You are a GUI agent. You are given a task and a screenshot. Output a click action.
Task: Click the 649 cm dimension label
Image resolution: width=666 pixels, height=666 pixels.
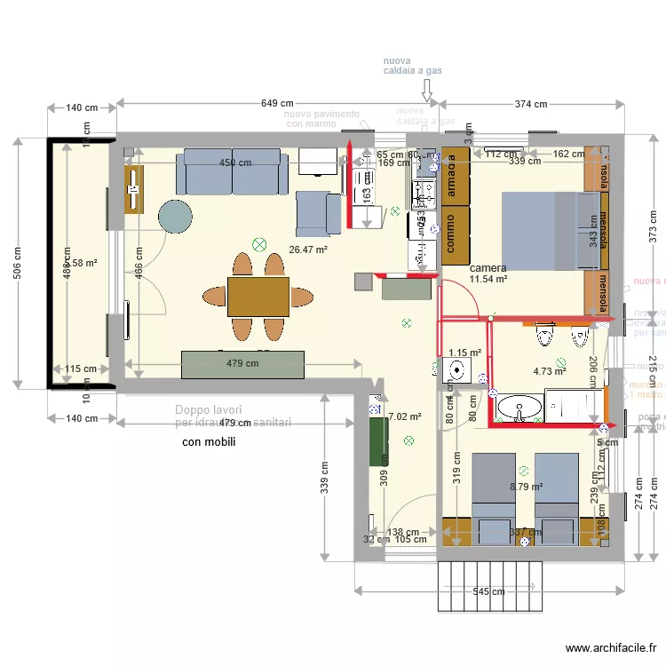pyautogui.click(x=277, y=104)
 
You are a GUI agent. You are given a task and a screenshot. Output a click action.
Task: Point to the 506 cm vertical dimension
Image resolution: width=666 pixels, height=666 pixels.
pyautogui.click(x=19, y=262)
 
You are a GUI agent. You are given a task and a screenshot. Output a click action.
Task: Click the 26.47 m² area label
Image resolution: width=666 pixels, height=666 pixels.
pyautogui.click(x=308, y=250)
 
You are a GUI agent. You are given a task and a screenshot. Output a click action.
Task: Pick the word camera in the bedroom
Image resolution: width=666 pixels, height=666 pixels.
pyautogui.click(x=488, y=267)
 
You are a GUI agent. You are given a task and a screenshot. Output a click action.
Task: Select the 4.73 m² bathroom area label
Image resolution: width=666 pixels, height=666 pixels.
pyautogui.click(x=549, y=372)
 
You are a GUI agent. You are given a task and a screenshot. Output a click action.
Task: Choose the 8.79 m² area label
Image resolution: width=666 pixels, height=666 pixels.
pyautogui.click(x=526, y=487)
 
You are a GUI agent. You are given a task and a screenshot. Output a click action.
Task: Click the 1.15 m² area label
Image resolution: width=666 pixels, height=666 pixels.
pyautogui.click(x=464, y=353)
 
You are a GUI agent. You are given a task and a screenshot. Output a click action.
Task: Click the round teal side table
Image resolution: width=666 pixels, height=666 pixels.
pyautogui.click(x=175, y=216)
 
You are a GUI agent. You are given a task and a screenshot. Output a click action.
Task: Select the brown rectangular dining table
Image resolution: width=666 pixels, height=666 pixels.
pyautogui.click(x=258, y=297)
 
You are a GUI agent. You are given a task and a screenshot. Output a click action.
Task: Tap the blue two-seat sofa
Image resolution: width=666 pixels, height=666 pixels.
pyautogui.click(x=232, y=172)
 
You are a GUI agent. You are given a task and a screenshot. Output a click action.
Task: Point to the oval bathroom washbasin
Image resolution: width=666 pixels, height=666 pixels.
pyautogui.click(x=519, y=408)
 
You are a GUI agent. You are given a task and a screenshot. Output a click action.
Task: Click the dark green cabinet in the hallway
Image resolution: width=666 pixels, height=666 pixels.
pyautogui.click(x=378, y=441)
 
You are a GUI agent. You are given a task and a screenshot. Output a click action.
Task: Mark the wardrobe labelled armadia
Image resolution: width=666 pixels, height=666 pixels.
pyautogui.click(x=455, y=175)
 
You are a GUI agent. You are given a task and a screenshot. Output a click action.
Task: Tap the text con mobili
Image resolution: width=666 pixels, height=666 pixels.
pyautogui.click(x=208, y=441)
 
